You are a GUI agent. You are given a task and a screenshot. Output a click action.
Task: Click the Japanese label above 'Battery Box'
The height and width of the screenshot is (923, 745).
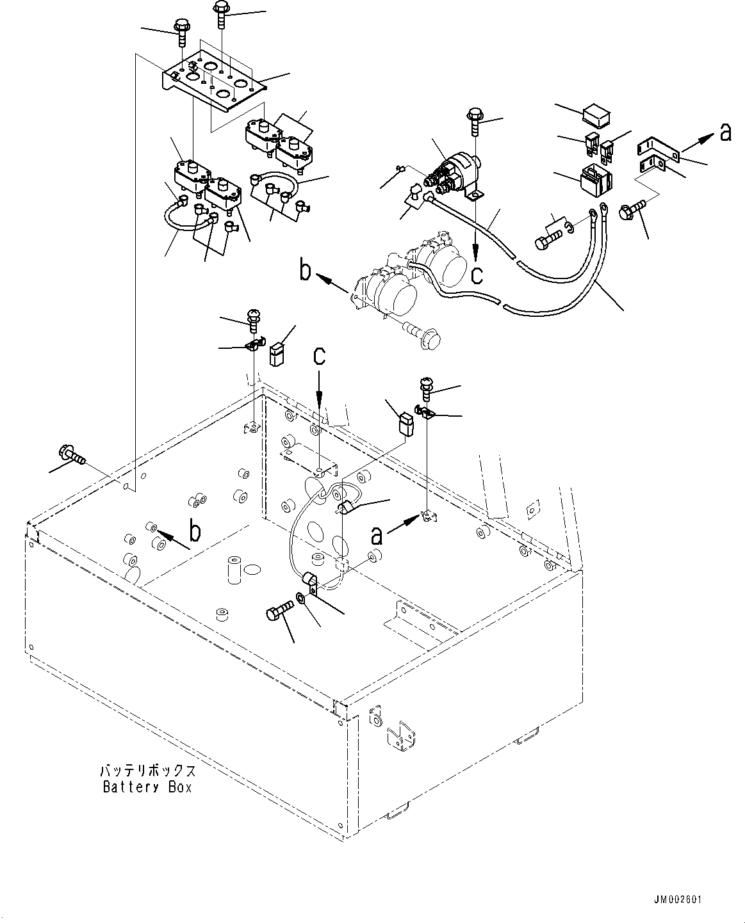click(x=147, y=771)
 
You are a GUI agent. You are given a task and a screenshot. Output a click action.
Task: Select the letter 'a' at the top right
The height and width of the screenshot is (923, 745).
click(x=725, y=132)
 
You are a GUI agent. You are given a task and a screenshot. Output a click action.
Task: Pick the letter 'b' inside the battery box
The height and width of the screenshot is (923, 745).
click(x=195, y=531)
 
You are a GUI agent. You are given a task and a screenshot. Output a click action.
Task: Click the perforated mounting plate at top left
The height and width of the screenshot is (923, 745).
click(x=211, y=82)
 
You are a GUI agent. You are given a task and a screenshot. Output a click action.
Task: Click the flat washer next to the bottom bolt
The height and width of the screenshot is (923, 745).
click(x=301, y=600)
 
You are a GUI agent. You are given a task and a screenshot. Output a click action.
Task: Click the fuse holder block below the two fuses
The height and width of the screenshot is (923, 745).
click(x=595, y=178)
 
